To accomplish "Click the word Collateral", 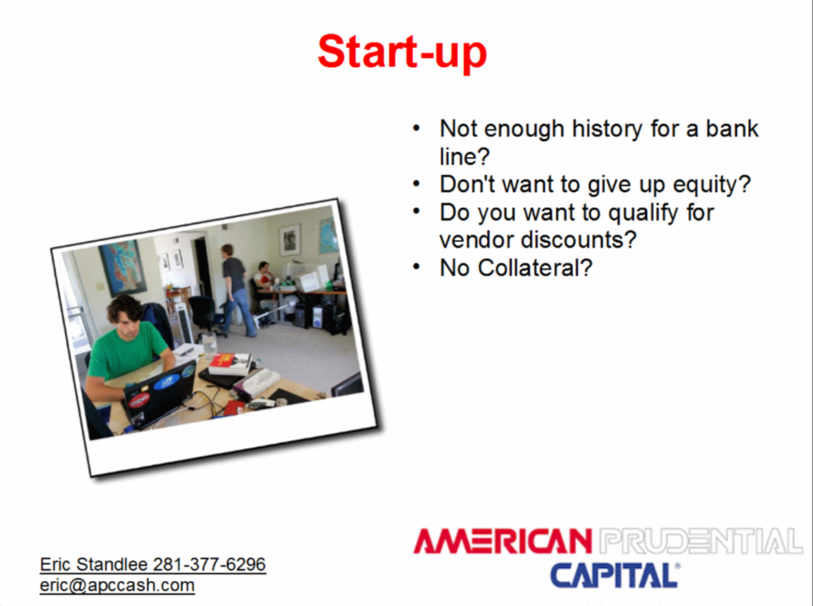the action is click(535, 268).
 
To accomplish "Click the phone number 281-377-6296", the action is click(209, 564).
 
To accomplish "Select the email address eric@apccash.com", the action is click(117, 585).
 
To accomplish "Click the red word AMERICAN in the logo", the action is click(503, 541).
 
